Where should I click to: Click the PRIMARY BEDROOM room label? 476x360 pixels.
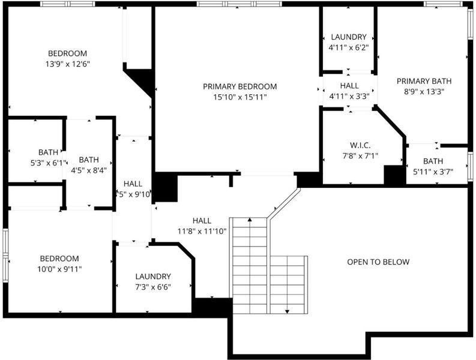point(240,86)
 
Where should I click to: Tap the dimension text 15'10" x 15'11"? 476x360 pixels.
point(240,97)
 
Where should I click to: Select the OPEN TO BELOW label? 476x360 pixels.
point(378,262)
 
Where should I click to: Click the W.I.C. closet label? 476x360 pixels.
point(360,145)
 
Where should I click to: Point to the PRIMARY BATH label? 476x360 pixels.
point(424,81)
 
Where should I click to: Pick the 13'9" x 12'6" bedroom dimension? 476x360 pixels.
point(68,64)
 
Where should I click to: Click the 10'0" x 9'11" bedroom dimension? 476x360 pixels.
point(59,269)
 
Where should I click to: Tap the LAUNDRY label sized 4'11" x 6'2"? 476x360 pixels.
point(349,37)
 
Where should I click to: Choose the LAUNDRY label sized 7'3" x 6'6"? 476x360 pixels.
point(153,276)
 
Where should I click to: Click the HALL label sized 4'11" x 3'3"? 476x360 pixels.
point(349,86)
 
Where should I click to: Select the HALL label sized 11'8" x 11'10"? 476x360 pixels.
point(202,221)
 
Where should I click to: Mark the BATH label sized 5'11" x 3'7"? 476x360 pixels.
point(433,161)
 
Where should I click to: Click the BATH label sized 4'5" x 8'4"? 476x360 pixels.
point(89,160)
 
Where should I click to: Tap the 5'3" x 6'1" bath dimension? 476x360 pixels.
point(49,163)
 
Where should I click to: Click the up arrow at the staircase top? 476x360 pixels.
point(250,219)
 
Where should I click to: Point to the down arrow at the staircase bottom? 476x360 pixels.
point(287,311)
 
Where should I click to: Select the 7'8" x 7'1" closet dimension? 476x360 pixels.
point(360,156)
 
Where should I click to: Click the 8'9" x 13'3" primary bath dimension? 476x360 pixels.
point(424,92)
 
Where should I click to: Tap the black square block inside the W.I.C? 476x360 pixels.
point(394,175)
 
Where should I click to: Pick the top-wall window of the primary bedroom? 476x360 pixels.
point(240,4)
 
